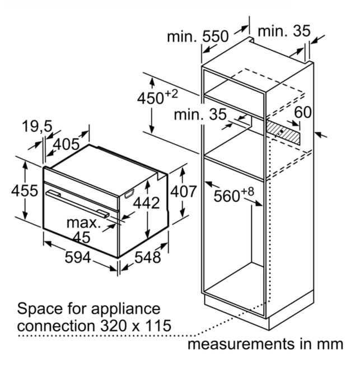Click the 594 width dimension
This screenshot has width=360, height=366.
(77, 257)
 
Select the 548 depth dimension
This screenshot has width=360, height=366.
(148, 257)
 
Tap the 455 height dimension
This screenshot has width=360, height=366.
(25, 191)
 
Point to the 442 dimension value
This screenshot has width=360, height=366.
(147, 202)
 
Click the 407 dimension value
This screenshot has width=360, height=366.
(184, 191)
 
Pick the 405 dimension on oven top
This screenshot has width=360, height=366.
(66, 144)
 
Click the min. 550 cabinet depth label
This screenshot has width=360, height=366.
(198, 36)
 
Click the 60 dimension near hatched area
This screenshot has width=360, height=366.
(303, 112)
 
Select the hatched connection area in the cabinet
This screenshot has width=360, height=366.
(283, 132)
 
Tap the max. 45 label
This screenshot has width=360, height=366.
(83, 230)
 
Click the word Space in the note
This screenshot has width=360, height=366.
(40, 309)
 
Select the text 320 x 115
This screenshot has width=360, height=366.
(135, 326)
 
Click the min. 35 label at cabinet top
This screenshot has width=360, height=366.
(284, 31)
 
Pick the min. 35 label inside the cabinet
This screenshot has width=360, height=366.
(200, 114)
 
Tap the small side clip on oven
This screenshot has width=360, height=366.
(129, 193)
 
